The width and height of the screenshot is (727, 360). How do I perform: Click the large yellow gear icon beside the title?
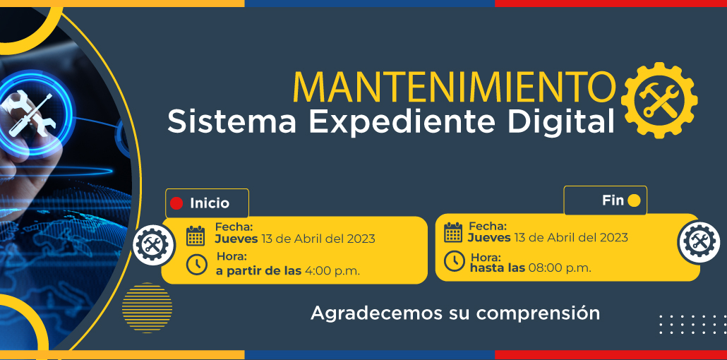coord(659,101)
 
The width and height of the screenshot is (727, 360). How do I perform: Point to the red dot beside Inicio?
coord(176,203)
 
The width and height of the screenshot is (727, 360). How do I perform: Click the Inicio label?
coord(210,203)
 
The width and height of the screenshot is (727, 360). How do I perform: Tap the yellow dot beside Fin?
coord(634,200)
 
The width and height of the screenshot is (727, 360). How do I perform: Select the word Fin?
coord(613,200)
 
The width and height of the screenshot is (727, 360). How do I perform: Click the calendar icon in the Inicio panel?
coord(196,236)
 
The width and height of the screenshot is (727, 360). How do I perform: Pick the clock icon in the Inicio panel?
coord(197,265)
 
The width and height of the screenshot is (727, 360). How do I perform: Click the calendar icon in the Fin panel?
coord(453,232)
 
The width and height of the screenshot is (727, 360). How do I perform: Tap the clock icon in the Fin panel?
coord(455,260)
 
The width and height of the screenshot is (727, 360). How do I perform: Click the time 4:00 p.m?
coord(332,271)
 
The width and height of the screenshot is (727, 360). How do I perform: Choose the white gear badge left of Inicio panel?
coord(153,244)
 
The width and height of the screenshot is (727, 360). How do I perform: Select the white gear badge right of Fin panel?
coord(699,242)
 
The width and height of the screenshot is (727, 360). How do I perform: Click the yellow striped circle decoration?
coord(147,308)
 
